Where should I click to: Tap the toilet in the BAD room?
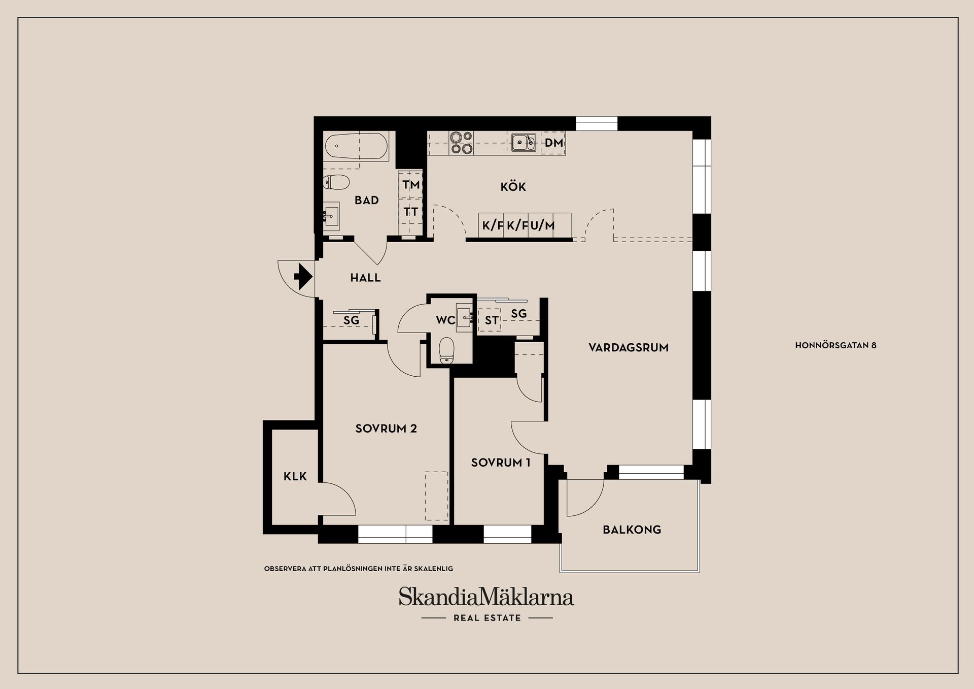337,182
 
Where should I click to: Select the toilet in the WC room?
446,351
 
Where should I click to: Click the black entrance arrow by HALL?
303,277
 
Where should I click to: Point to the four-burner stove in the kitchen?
461,143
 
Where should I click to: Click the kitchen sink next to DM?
523,143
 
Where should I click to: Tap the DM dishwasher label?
553,143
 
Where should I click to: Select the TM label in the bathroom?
411,184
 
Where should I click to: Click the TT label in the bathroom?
411,211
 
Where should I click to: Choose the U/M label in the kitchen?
542,225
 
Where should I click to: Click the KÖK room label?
513,187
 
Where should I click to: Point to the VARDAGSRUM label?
628,348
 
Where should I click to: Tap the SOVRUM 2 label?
386,429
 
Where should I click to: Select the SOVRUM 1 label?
500,463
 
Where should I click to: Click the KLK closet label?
295,476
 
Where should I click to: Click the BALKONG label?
632,530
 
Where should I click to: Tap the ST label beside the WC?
491,320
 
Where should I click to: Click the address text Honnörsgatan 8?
836,345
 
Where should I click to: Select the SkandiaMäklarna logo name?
486,597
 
